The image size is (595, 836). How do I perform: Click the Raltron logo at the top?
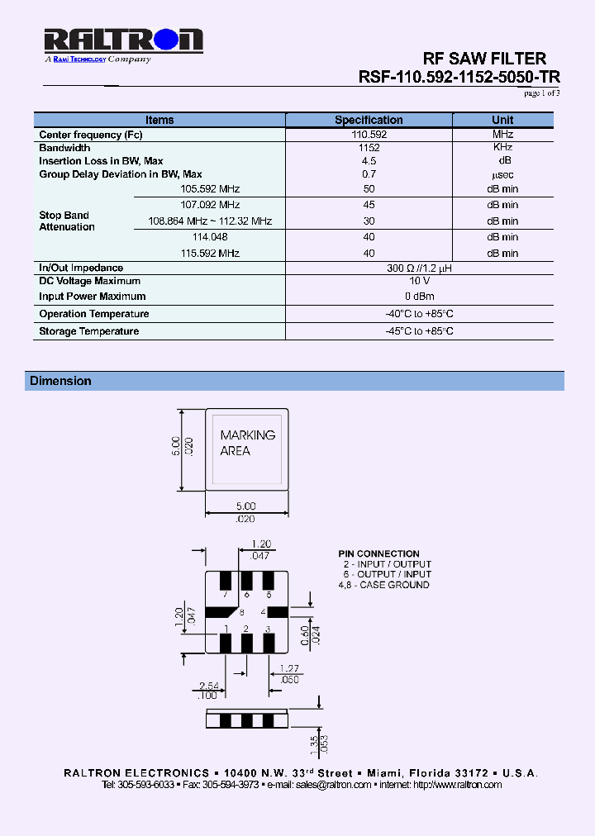click(x=122, y=41)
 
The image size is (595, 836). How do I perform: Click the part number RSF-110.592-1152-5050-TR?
click(x=459, y=77)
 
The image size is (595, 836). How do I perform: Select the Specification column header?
click(x=369, y=120)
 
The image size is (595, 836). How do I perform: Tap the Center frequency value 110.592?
click(x=369, y=134)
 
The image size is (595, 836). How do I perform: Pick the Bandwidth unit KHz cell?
click(x=502, y=147)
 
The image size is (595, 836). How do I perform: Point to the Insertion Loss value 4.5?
click(x=369, y=161)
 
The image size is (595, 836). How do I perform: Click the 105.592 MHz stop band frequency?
click(x=210, y=189)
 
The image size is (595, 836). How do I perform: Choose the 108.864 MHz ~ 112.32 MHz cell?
click(x=210, y=221)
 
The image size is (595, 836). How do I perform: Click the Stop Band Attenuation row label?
click(x=67, y=221)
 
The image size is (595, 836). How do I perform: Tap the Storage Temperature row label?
click(x=89, y=331)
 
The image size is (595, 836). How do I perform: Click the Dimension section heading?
click(x=60, y=381)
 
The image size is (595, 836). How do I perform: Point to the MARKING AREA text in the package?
click(x=247, y=443)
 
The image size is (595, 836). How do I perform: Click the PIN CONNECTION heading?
click(x=378, y=553)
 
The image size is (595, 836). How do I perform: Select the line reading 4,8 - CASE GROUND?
click(x=383, y=585)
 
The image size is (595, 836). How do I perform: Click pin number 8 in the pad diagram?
click(x=241, y=612)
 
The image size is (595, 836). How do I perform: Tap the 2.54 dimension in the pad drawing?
click(x=208, y=686)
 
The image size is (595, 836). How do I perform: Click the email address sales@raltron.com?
click(x=333, y=785)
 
